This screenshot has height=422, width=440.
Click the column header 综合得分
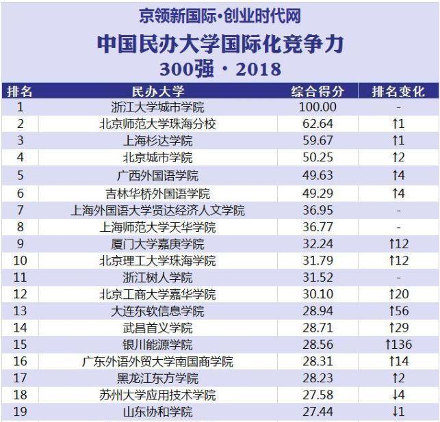pos(318,91)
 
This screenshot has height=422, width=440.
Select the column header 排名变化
pos(398,91)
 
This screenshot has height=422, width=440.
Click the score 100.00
pos(318,107)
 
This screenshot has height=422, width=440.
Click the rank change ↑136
pos(398,345)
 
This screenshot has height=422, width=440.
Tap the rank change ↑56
pos(398,311)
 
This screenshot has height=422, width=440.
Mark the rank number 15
pos(20,345)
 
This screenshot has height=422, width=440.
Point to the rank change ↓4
pos(398,396)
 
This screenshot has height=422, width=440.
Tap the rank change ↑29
pos(398,328)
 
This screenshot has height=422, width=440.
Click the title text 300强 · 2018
pos(220,68)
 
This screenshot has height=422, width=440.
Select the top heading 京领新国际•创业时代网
pos(220,15)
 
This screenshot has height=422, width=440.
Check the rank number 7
pos(20,210)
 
